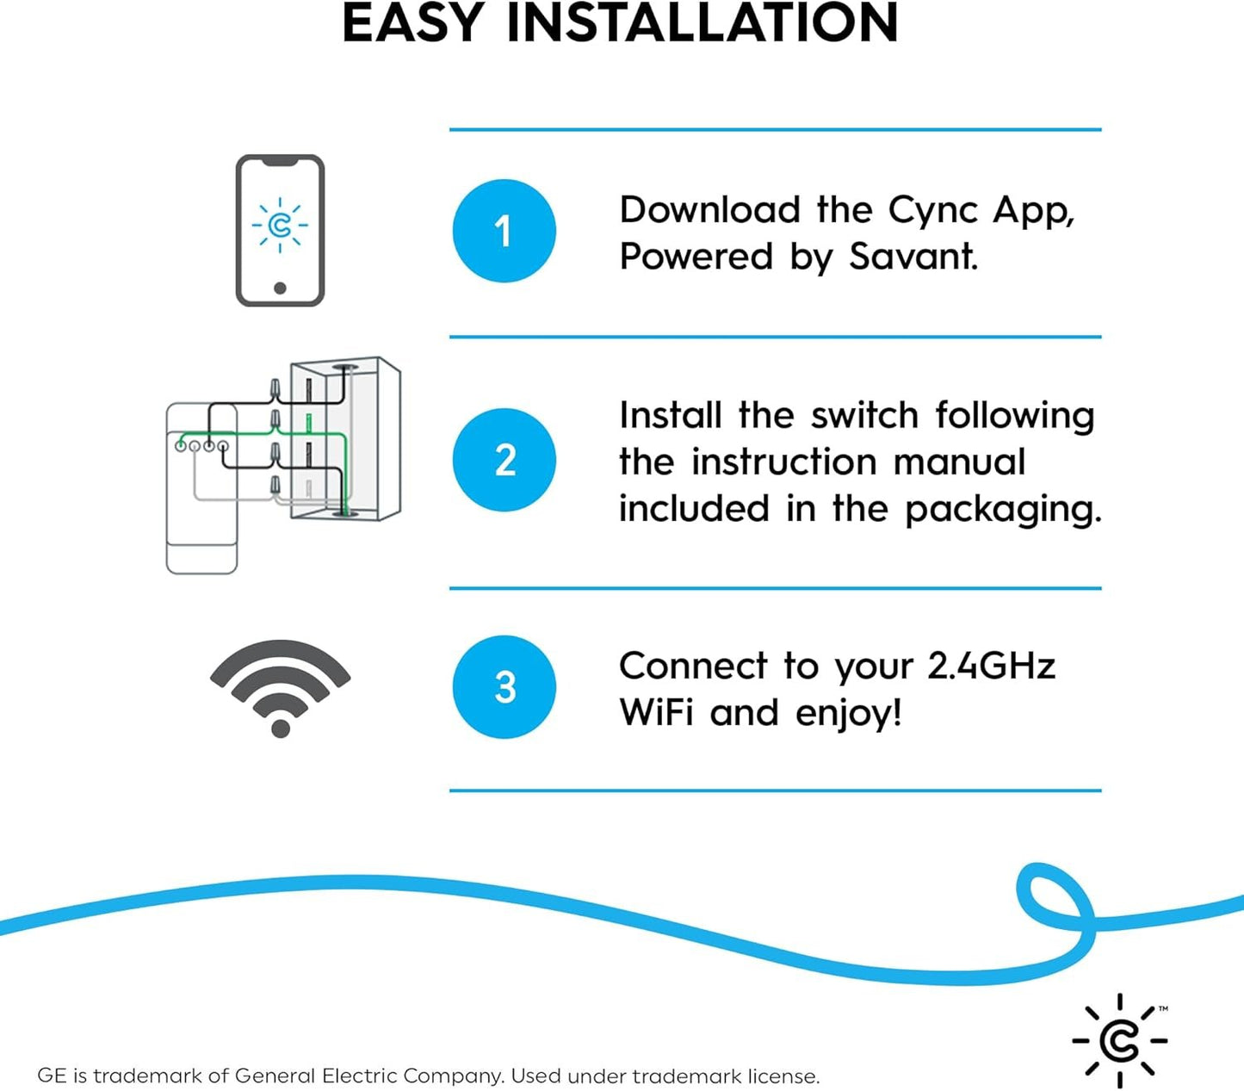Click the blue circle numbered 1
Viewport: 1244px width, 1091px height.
[x=504, y=231]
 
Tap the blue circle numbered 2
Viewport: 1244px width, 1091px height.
[x=504, y=460]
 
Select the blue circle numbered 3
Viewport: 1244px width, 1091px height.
[x=504, y=687]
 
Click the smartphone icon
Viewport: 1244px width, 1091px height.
[x=280, y=230]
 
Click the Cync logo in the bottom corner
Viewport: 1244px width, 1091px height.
[x=1119, y=1040]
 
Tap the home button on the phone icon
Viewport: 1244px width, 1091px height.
[x=280, y=288]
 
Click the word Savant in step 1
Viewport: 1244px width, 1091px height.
[x=913, y=257]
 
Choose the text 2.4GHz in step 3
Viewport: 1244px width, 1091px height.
[x=991, y=666]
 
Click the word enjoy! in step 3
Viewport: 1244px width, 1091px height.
[x=848, y=714]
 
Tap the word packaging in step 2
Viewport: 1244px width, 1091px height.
[x=1003, y=509]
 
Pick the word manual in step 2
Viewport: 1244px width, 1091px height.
[x=959, y=462]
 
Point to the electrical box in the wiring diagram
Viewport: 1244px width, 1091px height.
[x=344, y=439]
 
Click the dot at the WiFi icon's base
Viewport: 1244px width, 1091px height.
[x=280, y=728]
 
